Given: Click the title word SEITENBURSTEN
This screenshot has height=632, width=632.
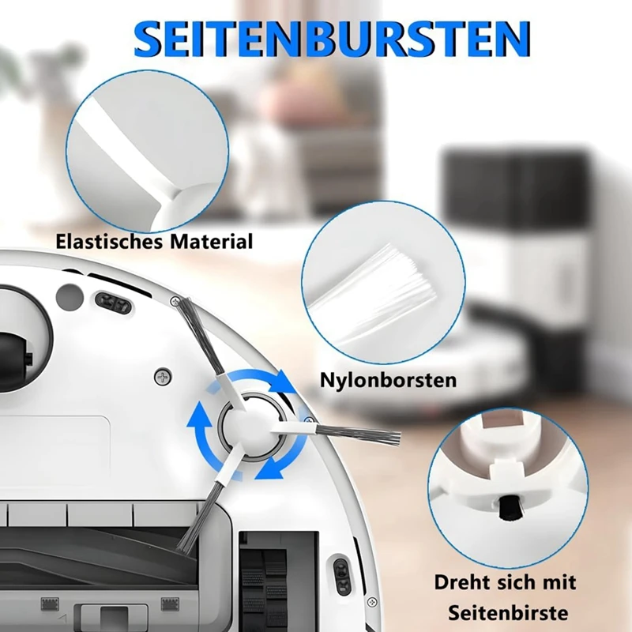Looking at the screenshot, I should [332, 38].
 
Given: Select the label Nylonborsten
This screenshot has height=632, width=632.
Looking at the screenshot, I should [388, 380].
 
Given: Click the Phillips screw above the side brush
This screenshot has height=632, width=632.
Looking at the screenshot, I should [164, 378].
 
